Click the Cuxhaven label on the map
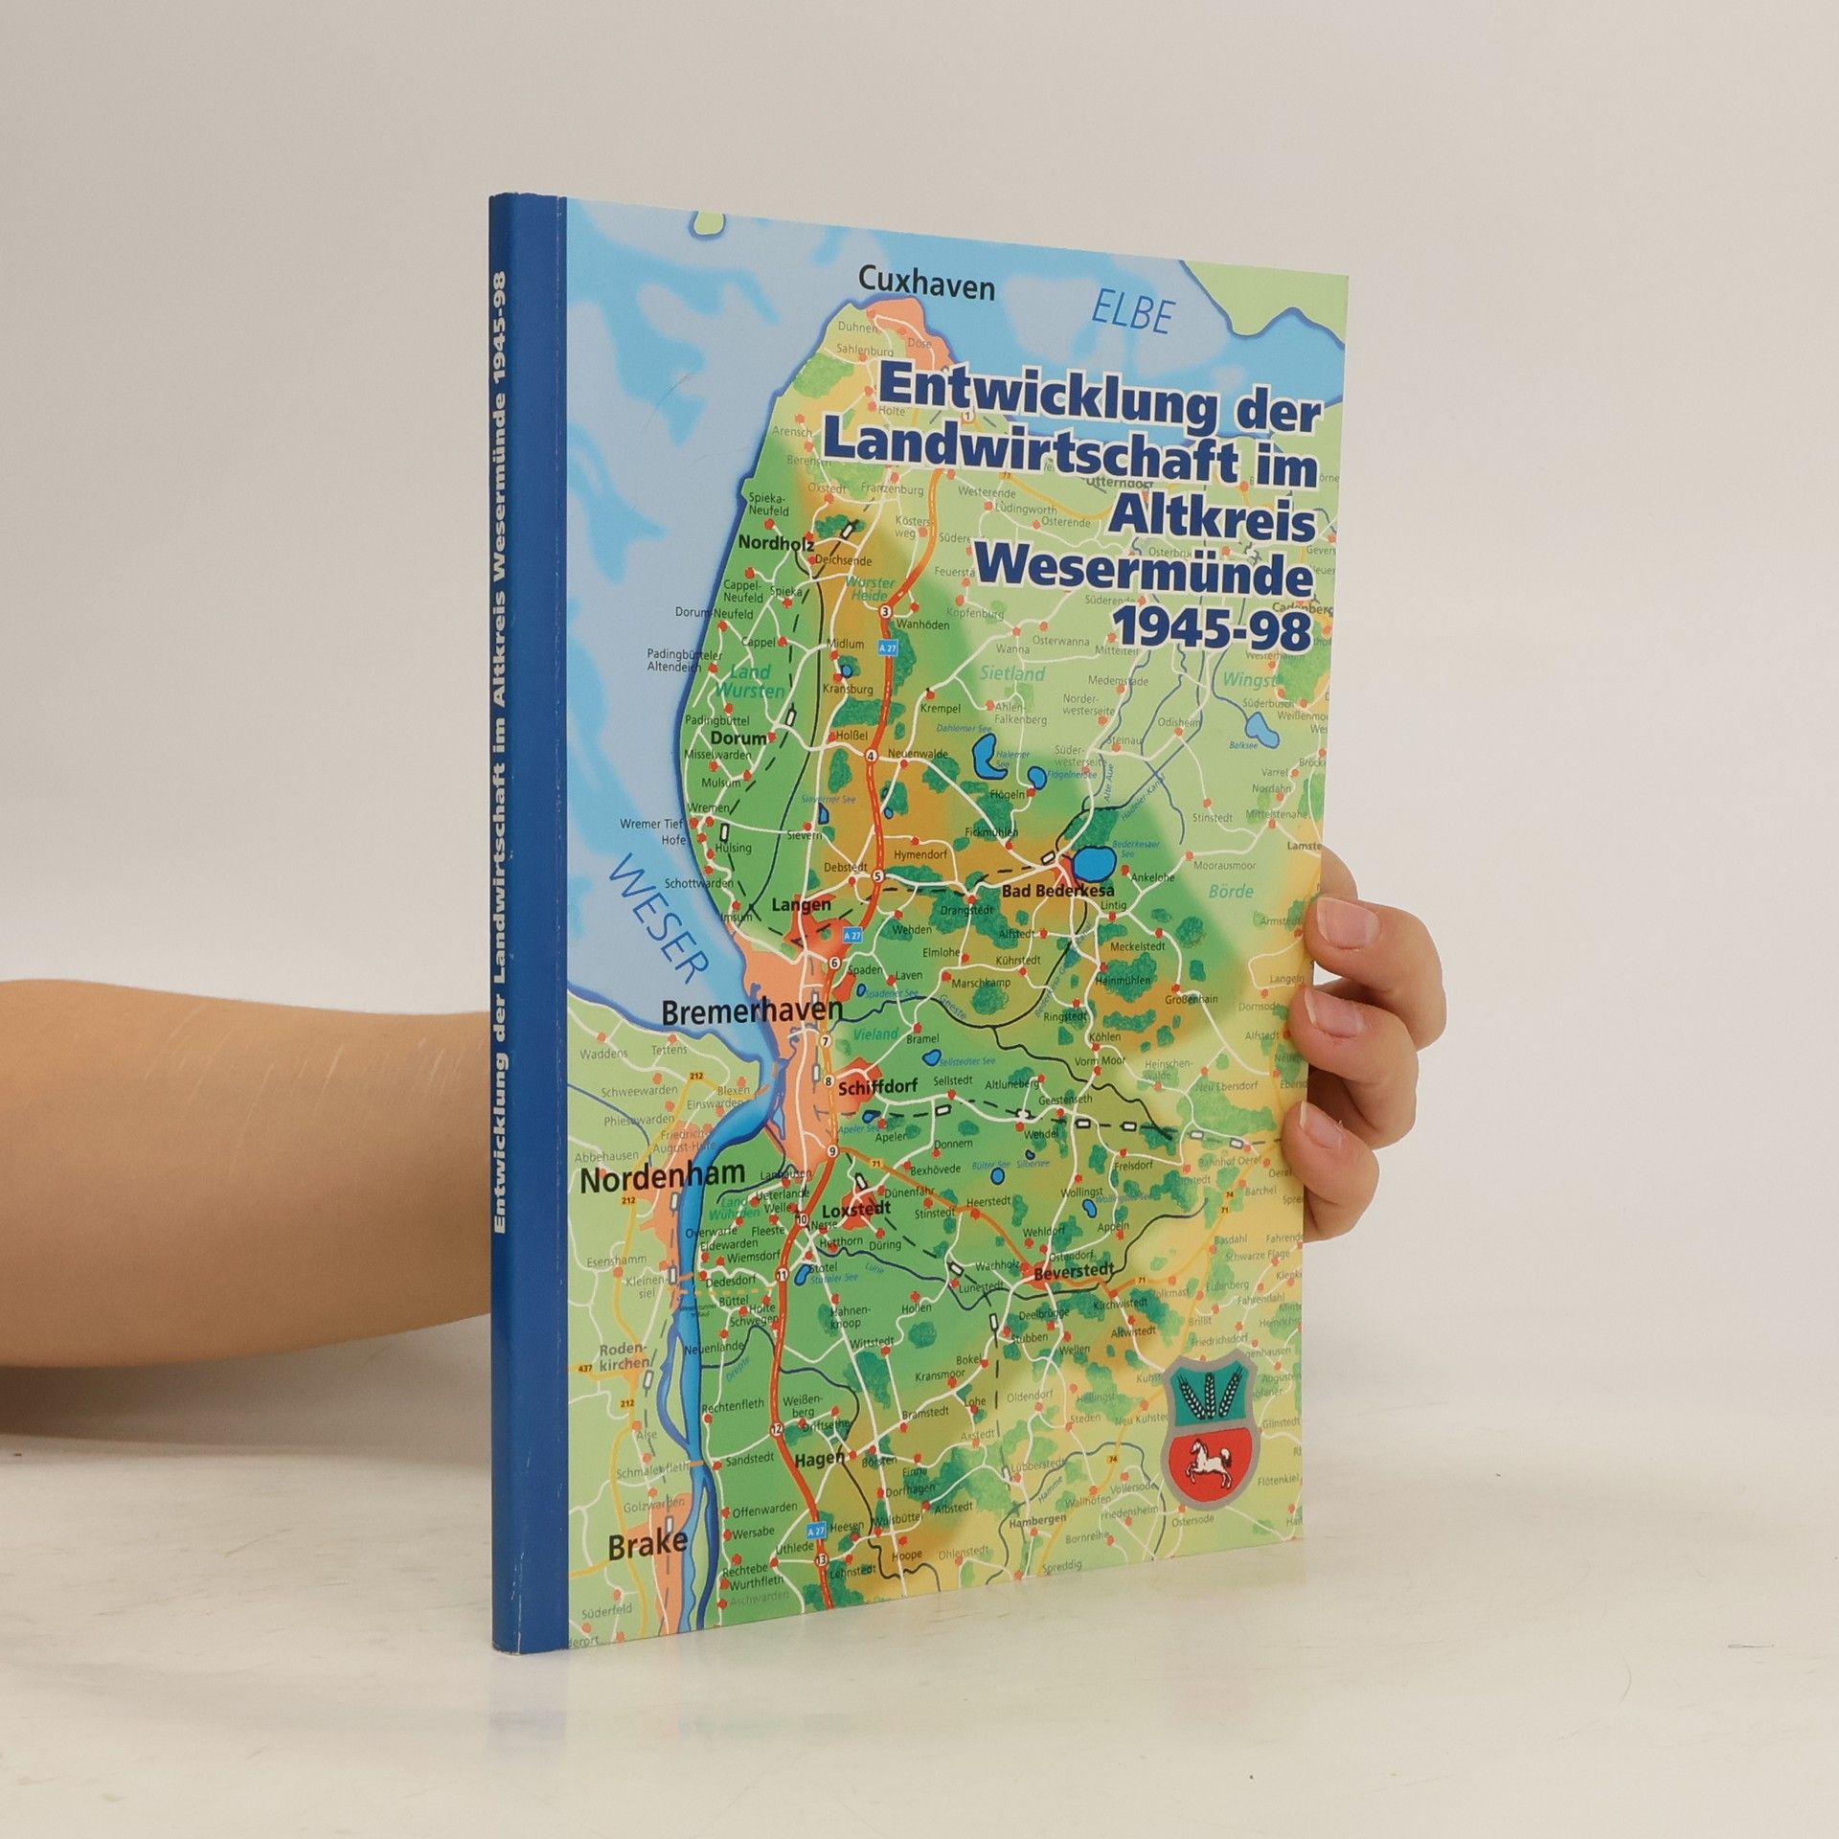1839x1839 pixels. click(927, 285)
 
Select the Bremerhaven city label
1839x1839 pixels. click(752, 1010)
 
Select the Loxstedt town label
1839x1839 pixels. click(856, 1209)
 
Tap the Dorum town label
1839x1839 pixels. click(738, 738)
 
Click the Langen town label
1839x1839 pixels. click(801, 904)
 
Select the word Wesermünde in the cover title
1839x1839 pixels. click(1142, 575)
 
